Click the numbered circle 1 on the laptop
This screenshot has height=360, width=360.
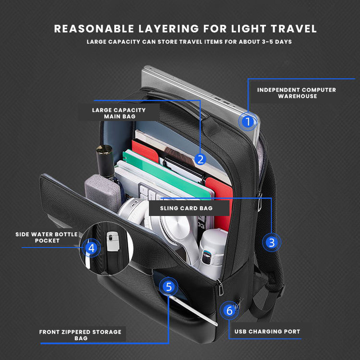[248, 122]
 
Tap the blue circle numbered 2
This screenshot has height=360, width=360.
[201, 159]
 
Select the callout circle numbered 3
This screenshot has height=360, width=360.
[272, 242]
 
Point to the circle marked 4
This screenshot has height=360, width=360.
[92, 248]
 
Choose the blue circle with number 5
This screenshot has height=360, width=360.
[168, 287]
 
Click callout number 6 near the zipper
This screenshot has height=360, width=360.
[229, 311]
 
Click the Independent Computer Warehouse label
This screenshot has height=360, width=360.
[296, 93]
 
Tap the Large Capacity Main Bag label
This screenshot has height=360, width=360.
[119, 113]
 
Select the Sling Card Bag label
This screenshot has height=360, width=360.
[186, 208]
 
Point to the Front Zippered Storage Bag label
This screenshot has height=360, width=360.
[80, 335]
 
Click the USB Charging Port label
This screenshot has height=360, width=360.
[267, 332]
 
